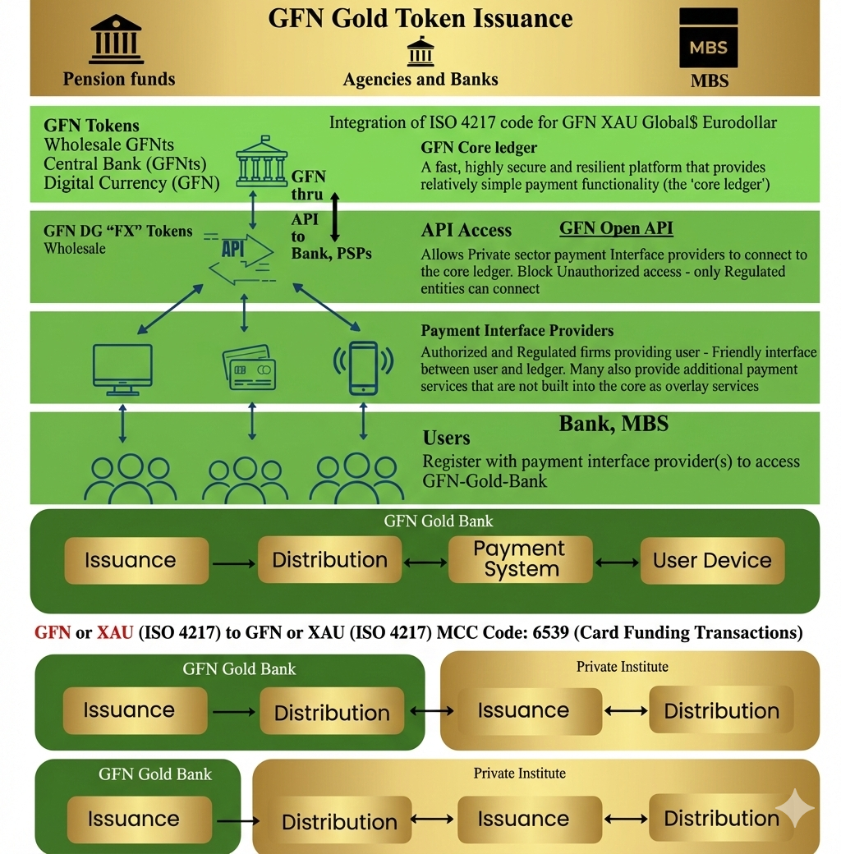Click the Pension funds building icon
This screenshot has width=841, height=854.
(x=117, y=39)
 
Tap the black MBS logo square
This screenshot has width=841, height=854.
(x=708, y=38)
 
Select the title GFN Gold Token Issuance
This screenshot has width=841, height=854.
(x=420, y=18)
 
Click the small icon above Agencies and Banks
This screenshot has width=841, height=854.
(x=420, y=52)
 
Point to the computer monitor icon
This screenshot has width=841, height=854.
(x=122, y=369)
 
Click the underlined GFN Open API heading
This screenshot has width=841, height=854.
(x=616, y=228)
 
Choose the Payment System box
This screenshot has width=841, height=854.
(x=520, y=560)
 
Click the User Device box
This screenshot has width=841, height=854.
(x=712, y=561)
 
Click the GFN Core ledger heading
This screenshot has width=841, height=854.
(x=479, y=148)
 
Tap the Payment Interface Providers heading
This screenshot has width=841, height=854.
(x=517, y=331)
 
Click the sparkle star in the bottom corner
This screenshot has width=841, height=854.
(x=794, y=808)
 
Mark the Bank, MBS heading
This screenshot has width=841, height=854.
(x=614, y=424)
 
